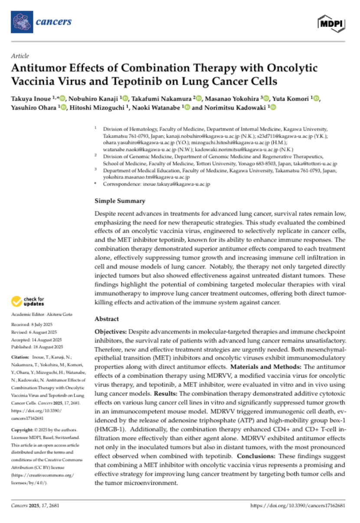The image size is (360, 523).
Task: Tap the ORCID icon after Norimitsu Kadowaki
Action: (273, 108)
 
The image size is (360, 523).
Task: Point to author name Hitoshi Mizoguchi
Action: (98, 108)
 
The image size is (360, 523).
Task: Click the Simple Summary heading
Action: (120, 201)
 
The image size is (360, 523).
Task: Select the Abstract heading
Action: (107, 319)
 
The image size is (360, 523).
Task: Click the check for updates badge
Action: (29, 301)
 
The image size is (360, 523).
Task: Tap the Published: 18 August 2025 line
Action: (37, 347)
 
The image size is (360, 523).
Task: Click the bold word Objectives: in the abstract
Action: (111, 330)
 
